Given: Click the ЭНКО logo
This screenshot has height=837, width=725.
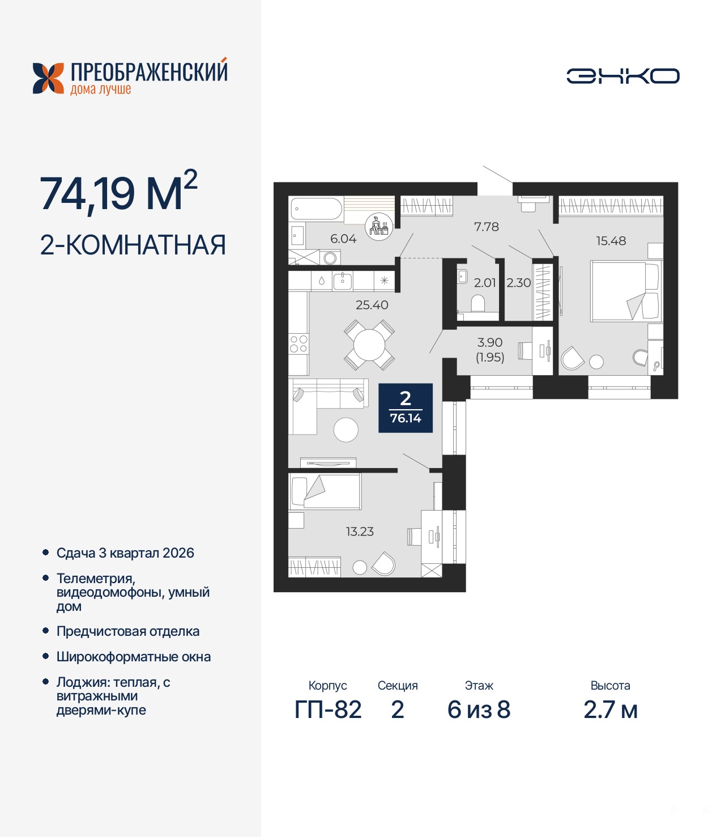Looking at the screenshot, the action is click(622, 76).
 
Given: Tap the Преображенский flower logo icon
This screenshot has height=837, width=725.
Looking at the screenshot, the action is click(48, 78).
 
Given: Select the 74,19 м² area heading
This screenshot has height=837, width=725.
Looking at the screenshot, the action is click(118, 191).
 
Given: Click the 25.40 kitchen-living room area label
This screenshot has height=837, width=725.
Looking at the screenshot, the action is click(372, 304).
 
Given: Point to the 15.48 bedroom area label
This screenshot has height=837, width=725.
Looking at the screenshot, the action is click(611, 241).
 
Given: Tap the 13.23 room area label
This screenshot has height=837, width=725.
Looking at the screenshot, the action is click(360, 532).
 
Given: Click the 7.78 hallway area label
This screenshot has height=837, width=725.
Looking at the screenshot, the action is click(486, 227).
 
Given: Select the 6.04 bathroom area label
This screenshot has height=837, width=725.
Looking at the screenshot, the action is click(343, 239).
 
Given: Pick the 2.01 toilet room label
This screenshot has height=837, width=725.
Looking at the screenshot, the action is click(484, 283).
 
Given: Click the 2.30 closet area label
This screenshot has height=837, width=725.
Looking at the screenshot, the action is click(519, 283).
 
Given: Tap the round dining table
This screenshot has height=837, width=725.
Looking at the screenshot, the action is click(369, 345).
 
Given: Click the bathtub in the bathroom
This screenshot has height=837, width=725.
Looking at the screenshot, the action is click(317, 209).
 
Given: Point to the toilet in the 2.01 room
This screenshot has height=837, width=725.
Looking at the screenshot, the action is click(478, 304).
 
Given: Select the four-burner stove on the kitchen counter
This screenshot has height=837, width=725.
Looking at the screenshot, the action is click(298, 344).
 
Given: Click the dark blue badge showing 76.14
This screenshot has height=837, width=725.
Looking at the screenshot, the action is click(405, 408).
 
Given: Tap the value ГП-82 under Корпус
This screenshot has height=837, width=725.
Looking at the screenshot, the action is click(328, 710).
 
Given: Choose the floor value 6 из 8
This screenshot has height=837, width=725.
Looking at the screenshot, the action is click(479, 710).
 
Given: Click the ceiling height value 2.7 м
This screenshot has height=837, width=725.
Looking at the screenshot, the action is click(611, 710).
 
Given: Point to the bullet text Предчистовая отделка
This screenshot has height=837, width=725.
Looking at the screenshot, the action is click(128, 631).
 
